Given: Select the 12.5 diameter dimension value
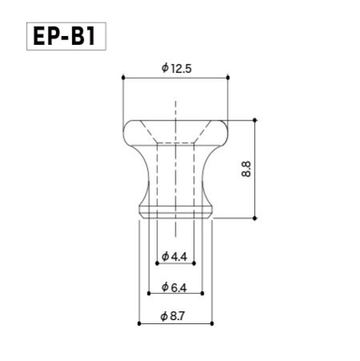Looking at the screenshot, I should [x=180, y=69].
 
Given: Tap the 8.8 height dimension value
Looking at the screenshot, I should [x=245, y=169].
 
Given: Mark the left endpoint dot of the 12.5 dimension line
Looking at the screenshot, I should [x=122, y=78].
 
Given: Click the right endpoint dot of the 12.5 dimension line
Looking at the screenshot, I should [x=229, y=78].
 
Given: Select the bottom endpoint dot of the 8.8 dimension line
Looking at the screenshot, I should [x=256, y=218].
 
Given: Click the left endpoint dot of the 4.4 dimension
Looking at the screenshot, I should [x=156, y=262].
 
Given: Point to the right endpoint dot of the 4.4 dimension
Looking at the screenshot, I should [x=194, y=262].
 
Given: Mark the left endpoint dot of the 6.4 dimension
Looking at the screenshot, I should [x=148, y=293].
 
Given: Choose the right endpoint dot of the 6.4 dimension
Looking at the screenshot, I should [x=203, y=293].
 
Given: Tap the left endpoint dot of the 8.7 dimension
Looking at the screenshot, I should [x=139, y=323].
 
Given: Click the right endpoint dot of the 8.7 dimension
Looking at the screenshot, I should [x=213, y=323].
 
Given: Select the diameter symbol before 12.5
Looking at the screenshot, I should [x=164, y=69].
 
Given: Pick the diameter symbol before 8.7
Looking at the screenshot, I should [x=164, y=317].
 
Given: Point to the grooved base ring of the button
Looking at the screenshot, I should [x=176, y=212].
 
